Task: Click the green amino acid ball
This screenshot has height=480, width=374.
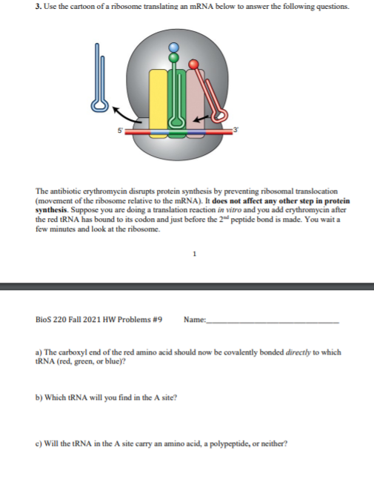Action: pos(175,54)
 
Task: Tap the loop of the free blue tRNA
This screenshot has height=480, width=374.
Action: pos(97,105)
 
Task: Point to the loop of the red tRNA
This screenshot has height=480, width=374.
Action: pos(219,115)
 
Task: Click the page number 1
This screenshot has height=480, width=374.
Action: pos(194,252)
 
